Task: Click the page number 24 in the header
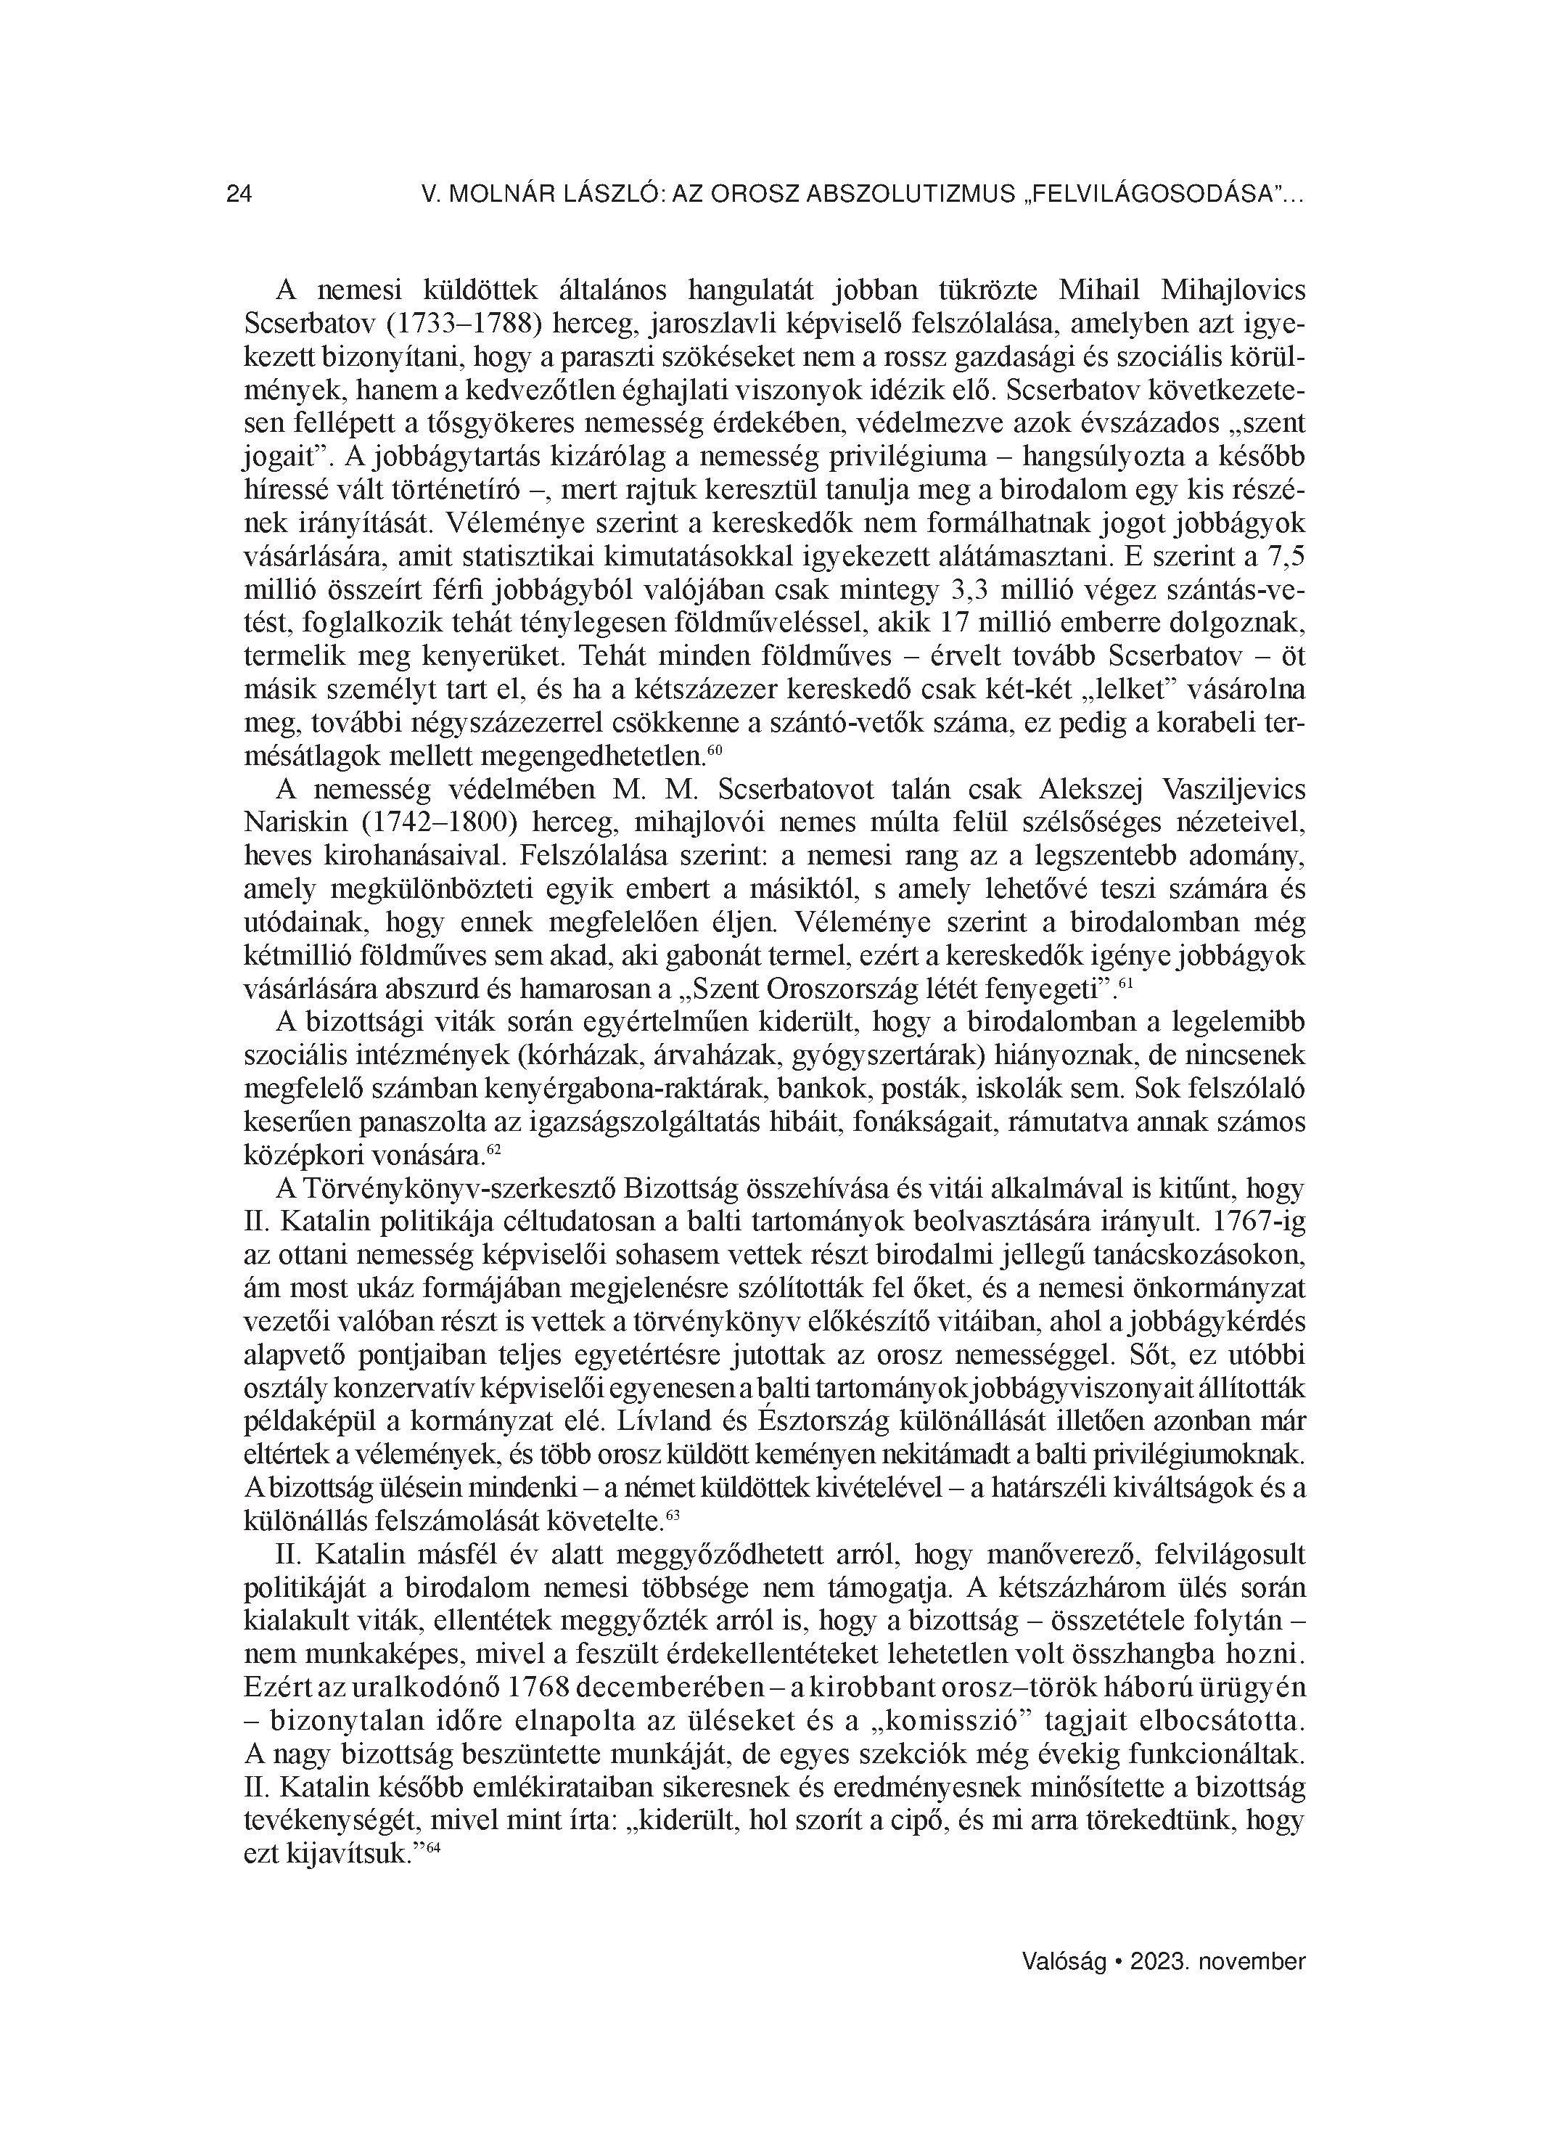[239, 195]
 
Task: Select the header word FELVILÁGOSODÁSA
[1150, 195]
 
